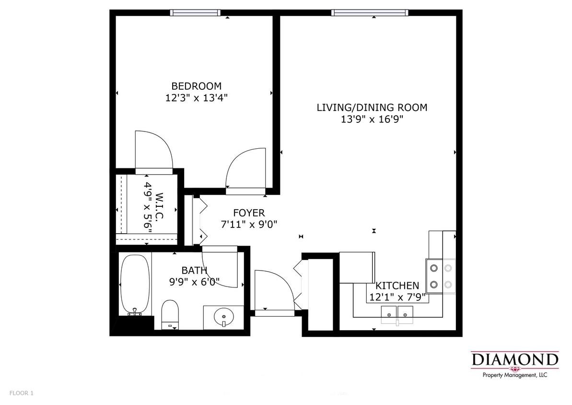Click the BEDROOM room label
(196, 86)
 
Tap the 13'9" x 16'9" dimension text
(372, 119)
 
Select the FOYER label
(248, 213)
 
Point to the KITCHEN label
(397, 286)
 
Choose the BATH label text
(194, 271)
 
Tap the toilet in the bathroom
(170, 314)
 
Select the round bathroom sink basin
(223, 317)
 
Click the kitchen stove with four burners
(441, 276)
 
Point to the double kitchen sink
(397, 312)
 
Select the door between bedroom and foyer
(245, 168)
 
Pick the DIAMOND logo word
(515, 359)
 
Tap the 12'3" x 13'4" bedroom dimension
(196, 98)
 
